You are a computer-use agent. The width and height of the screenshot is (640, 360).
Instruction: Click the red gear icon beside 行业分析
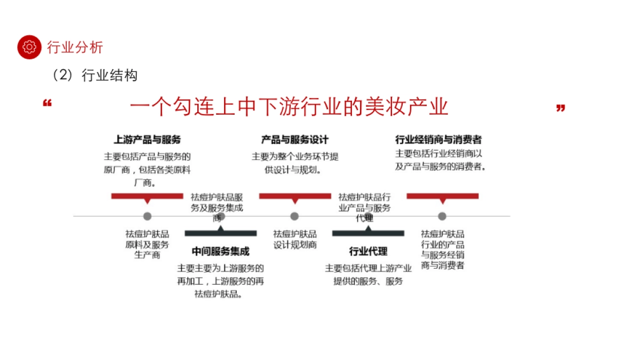[29, 47]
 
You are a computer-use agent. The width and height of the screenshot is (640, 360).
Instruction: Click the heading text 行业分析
[75, 47]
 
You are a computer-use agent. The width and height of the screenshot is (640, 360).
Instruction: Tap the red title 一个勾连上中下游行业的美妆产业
[289, 107]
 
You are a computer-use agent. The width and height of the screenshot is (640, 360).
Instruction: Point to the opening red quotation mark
[47, 103]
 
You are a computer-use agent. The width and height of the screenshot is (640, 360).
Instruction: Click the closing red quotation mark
[560, 108]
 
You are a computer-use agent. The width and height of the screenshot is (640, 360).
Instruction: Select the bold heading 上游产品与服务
[147, 140]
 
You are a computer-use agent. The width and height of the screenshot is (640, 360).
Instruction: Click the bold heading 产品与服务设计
[294, 140]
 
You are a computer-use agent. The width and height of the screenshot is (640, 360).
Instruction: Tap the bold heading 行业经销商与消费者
[438, 140]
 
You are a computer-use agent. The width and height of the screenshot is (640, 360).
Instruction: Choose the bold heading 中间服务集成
[220, 252]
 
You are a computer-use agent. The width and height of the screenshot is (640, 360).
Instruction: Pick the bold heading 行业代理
[368, 252]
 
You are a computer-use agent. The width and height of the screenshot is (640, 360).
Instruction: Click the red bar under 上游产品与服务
[147, 196]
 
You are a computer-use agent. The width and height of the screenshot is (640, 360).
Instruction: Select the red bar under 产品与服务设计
[294, 196]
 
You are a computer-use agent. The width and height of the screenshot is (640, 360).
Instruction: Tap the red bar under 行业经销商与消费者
[442, 196]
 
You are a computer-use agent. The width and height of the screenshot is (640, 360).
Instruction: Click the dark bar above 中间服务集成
[220, 233]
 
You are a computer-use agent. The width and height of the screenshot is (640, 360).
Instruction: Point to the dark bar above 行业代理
[368, 233]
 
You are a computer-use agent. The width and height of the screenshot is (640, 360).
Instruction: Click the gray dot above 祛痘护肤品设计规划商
[294, 216]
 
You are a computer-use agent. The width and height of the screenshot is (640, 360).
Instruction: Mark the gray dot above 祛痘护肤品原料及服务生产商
[147, 216]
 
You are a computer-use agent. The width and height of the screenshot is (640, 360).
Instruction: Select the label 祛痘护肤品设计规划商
[295, 239]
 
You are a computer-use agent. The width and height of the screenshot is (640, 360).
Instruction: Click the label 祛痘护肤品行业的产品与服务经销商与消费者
[443, 250]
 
